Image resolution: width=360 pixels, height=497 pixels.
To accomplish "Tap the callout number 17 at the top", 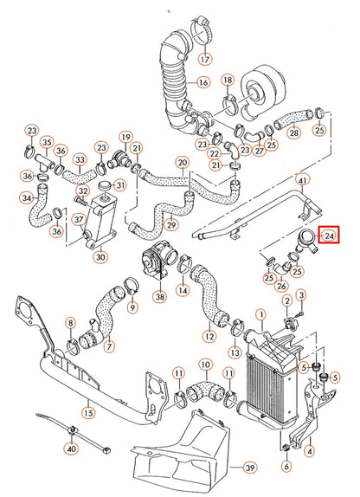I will [204, 60].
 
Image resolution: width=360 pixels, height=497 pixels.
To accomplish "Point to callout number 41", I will [302, 180].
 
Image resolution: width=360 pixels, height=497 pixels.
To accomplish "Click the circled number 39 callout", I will [249, 468].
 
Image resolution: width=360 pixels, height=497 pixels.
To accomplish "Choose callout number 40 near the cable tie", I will [71, 449].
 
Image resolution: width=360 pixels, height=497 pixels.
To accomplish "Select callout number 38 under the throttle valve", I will [158, 296].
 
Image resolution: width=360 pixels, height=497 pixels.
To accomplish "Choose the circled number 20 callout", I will [183, 162].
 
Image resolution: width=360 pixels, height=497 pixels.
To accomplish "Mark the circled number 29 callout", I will [171, 226].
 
